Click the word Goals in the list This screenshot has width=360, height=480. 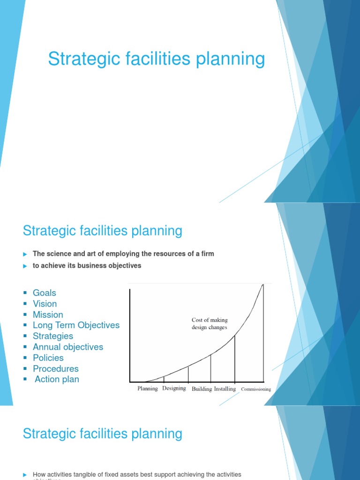[45, 293]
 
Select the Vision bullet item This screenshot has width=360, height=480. [45, 304]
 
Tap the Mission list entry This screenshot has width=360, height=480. [48, 315]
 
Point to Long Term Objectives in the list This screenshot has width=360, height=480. [76, 325]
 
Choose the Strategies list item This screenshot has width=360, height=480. [53, 336]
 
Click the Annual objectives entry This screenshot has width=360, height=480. [68, 347]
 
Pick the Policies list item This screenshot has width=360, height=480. [48, 358]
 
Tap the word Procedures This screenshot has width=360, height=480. [56, 368]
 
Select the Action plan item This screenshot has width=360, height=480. [57, 379]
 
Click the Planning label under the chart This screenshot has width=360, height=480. [148, 389]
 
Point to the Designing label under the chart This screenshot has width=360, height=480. [174, 389]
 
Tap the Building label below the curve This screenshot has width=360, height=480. [202, 389]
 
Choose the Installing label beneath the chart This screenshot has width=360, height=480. [225, 389]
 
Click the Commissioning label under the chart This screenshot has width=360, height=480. [256, 389]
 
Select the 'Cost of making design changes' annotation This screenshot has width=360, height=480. [210, 323]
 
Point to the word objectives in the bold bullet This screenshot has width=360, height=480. [125, 266]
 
